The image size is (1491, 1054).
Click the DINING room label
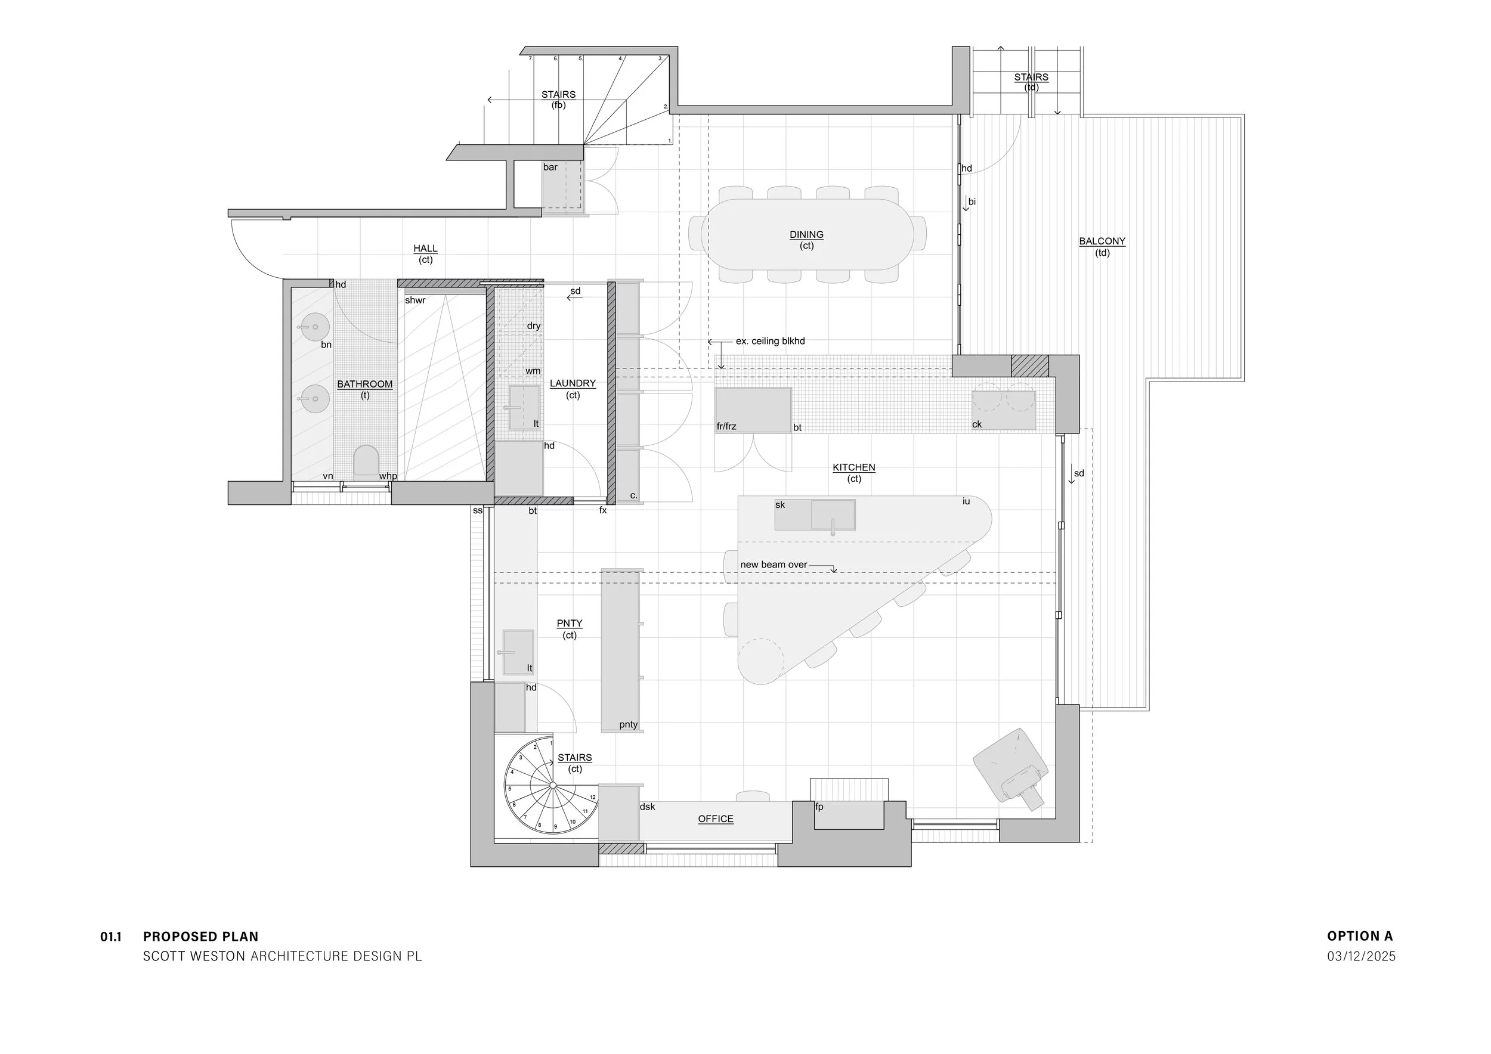pyautogui.click(x=806, y=235)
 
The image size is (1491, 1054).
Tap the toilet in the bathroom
pyautogui.click(x=366, y=460)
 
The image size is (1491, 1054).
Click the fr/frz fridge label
pyautogui.click(x=726, y=426)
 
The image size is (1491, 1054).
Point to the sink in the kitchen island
pyautogui.click(x=833, y=514)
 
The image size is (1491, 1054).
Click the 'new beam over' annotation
pyautogui.click(x=774, y=565)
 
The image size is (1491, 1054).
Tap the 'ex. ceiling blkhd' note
pyautogui.click(x=770, y=342)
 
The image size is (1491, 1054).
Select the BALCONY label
pyautogui.click(x=1102, y=241)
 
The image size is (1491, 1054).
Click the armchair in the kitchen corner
pyautogui.click(x=1010, y=767)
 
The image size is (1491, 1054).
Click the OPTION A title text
pyautogui.click(x=1360, y=936)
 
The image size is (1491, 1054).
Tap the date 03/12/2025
pyautogui.click(x=1361, y=956)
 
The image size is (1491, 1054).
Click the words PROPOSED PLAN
pyautogui.click(x=200, y=937)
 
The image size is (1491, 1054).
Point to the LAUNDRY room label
pyautogui.click(x=572, y=383)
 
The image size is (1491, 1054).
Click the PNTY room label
pyautogui.click(x=569, y=624)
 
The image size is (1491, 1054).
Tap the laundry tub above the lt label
pyautogui.click(x=524, y=407)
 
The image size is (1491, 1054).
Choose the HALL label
pyautogui.click(x=425, y=249)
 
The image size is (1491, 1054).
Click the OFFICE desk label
pyautogui.click(x=716, y=819)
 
